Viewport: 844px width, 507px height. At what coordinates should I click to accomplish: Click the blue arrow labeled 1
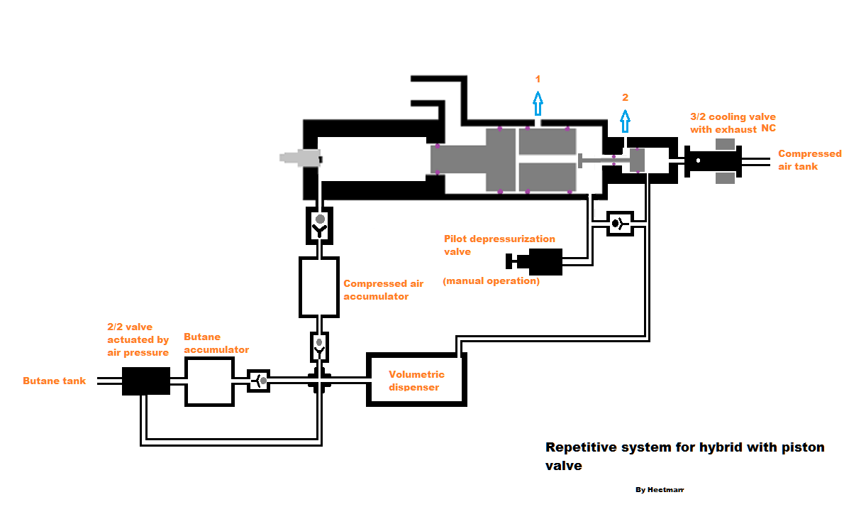[x=538, y=104]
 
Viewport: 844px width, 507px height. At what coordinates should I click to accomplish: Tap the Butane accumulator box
[x=209, y=381]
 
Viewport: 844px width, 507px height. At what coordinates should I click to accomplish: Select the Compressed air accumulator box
[x=319, y=286]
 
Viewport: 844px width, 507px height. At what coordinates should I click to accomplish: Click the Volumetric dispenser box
[x=416, y=379]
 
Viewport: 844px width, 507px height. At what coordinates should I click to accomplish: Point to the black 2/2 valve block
[x=146, y=381]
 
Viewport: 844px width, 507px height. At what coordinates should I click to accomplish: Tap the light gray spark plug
[x=299, y=158]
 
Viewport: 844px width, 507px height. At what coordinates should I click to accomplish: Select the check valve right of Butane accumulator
[x=258, y=381]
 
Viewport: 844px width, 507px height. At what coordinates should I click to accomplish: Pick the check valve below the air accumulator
[x=319, y=347]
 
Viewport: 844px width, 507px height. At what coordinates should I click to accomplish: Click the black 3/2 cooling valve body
[x=712, y=161]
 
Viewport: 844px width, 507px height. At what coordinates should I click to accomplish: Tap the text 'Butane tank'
[x=55, y=381]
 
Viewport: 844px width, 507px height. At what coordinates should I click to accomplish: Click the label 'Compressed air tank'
[x=809, y=160]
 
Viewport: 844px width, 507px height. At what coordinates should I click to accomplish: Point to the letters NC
[x=769, y=129]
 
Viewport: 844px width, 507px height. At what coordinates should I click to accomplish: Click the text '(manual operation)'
[x=491, y=281]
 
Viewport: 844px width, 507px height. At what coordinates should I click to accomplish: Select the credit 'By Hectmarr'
[x=660, y=490]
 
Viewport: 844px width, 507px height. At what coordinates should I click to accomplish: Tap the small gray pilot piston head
[x=637, y=160]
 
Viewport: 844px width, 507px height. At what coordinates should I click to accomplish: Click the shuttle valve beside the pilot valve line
[x=620, y=223]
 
